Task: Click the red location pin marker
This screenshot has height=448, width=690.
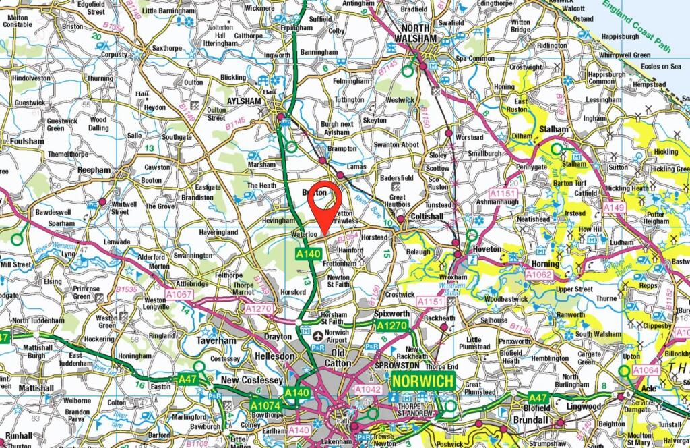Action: click(x=325, y=206)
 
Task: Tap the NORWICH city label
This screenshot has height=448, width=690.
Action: click(x=423, y=382)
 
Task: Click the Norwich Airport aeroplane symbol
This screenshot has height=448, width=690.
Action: click(x=308, y=333)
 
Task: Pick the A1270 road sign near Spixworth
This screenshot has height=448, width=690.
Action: click(x=391, y=327)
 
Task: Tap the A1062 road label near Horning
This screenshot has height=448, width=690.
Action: click(x=539, y=275)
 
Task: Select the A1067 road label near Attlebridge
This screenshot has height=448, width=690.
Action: click(x=179, y=294)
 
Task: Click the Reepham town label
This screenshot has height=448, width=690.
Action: click(x=94, y=170)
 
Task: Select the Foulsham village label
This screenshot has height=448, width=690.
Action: click(x=27, y=141)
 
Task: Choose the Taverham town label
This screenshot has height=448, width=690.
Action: click(x=218, y=341)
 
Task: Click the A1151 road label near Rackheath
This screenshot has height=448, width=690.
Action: click(x=430, y=301)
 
